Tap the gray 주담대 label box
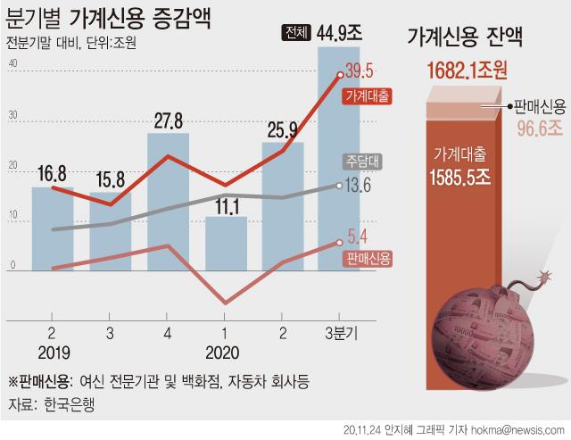(361, 162)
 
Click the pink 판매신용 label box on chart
(367, 258)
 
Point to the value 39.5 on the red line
(360, 71)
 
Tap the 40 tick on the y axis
(12, 64)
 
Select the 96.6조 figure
(537, 129)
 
